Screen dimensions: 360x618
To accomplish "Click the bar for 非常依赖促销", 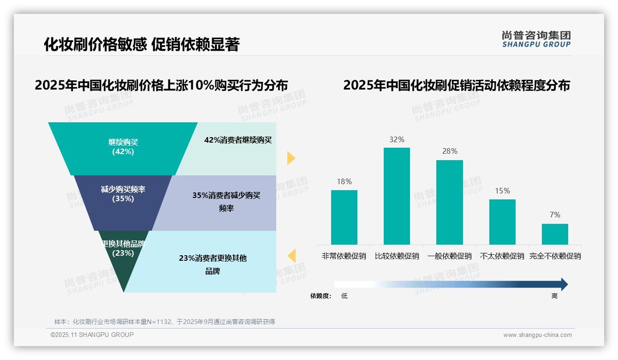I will (344, 217).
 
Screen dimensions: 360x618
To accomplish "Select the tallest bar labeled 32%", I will (397, 196).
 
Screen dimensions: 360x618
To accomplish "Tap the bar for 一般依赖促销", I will (449, 202).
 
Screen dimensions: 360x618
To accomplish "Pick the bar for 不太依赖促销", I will (502, 222).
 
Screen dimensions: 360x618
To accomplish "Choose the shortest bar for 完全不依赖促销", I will (555, 234).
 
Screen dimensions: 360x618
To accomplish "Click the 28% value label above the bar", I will (449, 151).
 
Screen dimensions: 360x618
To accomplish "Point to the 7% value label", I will (555, 215).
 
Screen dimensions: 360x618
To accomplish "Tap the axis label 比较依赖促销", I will (397, 256).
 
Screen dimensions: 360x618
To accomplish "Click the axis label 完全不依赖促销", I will (555, 256).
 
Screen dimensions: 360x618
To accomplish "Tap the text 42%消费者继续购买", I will (238, 140).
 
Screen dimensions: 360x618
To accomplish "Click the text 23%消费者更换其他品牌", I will (213, 264).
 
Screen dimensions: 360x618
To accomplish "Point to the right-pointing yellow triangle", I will (291, 158).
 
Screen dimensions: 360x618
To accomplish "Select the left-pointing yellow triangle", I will (291, 256).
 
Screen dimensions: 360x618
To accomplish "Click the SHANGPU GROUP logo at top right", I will (536, 39).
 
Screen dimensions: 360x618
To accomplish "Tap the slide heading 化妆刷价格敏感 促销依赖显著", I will (142, 44).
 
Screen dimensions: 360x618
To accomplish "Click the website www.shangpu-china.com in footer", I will (537, 335).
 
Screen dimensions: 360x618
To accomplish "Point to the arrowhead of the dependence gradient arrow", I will (564, 284).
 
